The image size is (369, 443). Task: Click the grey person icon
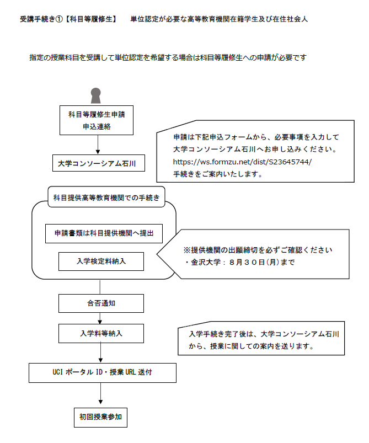click(96, 95)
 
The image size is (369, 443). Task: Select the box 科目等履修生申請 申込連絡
click(97, 120)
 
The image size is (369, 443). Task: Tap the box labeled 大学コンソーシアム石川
click(99, 163)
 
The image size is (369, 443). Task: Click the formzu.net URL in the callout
click(242, 162)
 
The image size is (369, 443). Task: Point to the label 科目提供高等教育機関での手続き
click(106, 197)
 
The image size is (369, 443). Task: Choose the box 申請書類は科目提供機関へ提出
click(104, 233)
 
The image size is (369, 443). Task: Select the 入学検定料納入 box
click(101, 261)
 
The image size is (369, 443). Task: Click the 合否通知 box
click(101, 303)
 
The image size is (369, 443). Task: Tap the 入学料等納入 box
click(101, 333)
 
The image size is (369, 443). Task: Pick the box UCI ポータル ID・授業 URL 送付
click(103, 373)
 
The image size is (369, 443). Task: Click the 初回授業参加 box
click(100, 417)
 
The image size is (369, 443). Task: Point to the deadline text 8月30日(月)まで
click(261, 263)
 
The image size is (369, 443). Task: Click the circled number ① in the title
click(59, 19)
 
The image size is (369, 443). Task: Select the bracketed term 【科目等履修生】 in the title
click(91, 19)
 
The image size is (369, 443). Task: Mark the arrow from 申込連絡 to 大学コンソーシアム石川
click(98, 145)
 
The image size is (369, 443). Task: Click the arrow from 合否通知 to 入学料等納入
click(100, 318)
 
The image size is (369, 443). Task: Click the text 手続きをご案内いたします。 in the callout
click(218, 174)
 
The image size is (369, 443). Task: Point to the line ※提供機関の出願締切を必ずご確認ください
click(258, 250)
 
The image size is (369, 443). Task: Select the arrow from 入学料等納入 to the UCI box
click(100, 353)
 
